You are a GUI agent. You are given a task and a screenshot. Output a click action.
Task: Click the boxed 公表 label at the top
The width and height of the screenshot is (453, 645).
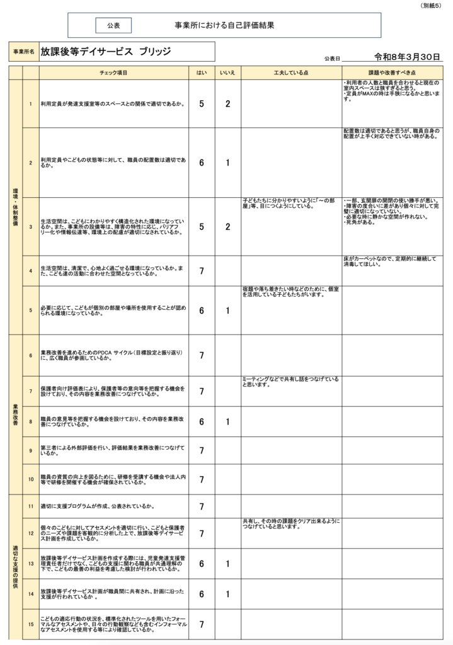113,26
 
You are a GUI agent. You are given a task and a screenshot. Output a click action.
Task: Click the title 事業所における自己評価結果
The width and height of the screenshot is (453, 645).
224,26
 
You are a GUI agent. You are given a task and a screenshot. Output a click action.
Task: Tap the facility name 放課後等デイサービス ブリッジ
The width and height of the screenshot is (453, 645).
105,52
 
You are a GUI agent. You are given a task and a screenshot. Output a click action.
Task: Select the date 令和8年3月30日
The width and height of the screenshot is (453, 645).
406,57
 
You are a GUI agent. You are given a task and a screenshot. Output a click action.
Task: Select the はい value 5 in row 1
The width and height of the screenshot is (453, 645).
202,104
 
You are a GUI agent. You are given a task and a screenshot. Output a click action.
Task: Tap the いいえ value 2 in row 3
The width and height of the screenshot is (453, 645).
227,227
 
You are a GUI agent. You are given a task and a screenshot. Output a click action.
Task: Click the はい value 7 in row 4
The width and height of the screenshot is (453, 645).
202,271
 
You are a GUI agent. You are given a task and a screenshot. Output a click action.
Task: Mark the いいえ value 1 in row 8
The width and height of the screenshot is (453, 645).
227,422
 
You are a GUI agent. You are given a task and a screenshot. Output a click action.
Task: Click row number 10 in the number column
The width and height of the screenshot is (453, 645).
30,479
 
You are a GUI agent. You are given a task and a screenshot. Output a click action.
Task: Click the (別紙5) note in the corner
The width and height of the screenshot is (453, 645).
431,5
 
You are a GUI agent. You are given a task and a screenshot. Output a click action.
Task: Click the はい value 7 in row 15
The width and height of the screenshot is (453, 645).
202,624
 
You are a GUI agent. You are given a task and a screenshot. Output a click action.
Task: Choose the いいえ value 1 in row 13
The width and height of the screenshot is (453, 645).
227,564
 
